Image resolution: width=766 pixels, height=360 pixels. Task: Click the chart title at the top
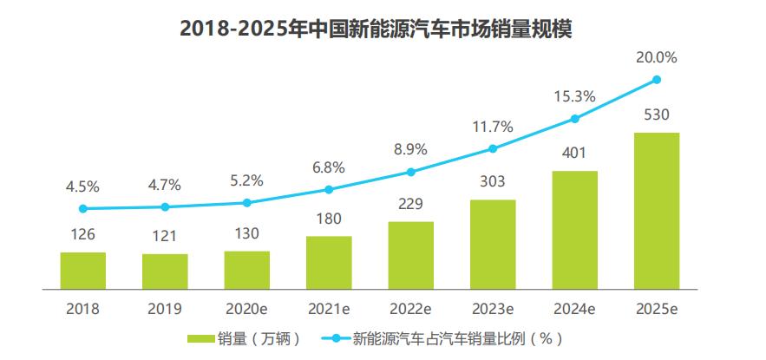pyautogui.click(x=383, y=28)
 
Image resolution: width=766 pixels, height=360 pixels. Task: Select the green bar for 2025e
pyautogui.click(x=657, y=210)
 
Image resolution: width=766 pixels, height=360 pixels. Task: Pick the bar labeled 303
pyautogui.click(x=493, y=244)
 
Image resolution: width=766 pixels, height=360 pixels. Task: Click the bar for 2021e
pyautogui.click(x=329, y=261)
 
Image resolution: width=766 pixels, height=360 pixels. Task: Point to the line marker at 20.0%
pyautogui.click(x=657, y=80)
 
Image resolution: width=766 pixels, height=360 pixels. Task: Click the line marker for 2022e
pyautogui.click(x=411, y=172)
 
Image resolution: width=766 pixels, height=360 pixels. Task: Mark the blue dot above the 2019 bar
pyautogui.click(x=165, y=206)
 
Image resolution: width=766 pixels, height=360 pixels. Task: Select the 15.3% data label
pyautogui.click(x=574, y=96)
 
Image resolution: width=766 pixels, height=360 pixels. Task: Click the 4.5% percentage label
pyautogui.click(x=82, y=186)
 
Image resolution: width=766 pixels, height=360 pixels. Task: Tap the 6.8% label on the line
pyautogui.click(x=329, y=167)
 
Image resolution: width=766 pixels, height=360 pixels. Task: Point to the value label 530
pyautogui.click(x=657, y=115)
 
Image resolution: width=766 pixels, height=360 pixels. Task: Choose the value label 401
pyautogui.click(x=574, y=153)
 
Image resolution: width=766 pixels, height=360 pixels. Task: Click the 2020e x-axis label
pyautogui.click(x=246, y=308)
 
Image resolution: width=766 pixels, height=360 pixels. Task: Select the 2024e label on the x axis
pyautogui.click(x=574, y=308)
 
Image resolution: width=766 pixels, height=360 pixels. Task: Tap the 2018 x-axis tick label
pyautogui.click(x=82, y=308)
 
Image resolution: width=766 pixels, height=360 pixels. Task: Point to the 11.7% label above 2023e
pyautogui.click(x=493, y=127)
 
